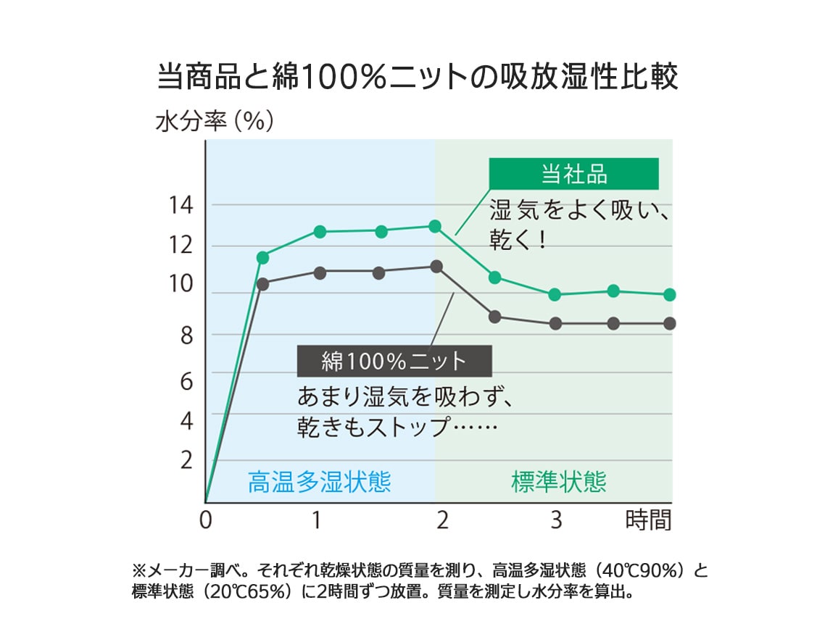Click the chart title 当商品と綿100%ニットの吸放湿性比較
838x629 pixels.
pyautogui.click(x=418, y=77)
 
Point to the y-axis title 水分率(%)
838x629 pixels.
pyautogui.click(x=215, y=121)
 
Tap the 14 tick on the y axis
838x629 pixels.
pyautogui.click(x=181, y=206)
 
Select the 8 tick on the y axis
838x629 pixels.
pyautogui.click(x=186, y=336)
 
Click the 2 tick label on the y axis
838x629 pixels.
pyautogui.click(x=187, y=460)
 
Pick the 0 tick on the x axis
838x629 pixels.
pyautogui.click(x=206, y=520)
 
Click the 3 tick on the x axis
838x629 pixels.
pyautogui.click(x=556, y=520)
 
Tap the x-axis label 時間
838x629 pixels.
pyautogui.click(x=648, y=520)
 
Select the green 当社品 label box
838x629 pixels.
pyautogui.click(x=573, y=174)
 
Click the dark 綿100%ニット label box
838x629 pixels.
pyautogui.click(x=394, y=360)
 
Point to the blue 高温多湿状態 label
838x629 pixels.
pyautogui.click(x=319, y=482)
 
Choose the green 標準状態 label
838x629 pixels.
pyautogui.click(x=558, y=482)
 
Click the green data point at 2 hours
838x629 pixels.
pyautogui.click(x=435, y=226)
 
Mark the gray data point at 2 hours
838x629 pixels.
pyautogui.click(x=436, y=267)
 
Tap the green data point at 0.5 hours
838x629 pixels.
pyautogui.click(x=262, y=257)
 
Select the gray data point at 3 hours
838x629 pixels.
pyautogui.click(x=555, y=324)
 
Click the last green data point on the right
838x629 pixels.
pyautogui.click(x=670, y=295)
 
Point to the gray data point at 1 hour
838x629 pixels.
pyautogui.click(x=320, y=272)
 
